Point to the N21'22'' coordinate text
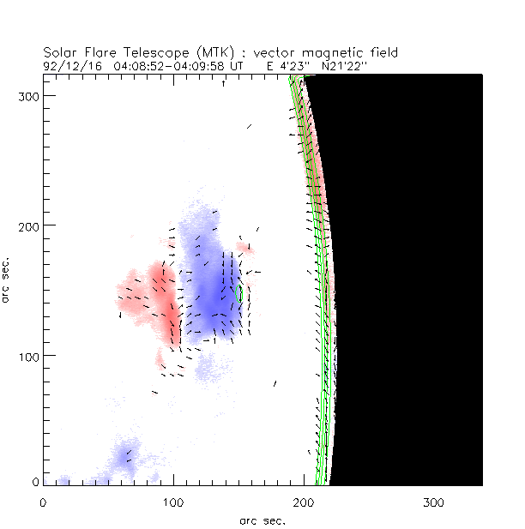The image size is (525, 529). (345, 64)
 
